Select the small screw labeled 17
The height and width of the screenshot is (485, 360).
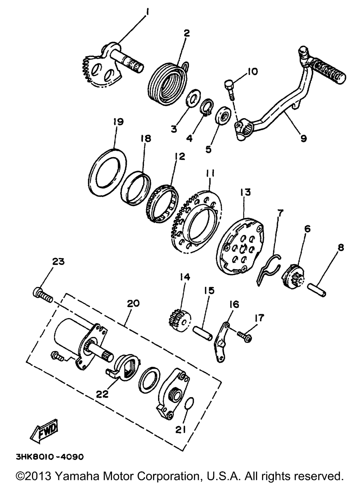pyautogui.click(x=246, y=337)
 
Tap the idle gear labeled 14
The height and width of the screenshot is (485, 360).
pyautogui.click(x=179, y=319)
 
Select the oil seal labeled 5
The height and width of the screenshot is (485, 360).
pyautogui.click(x=223, y=117)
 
